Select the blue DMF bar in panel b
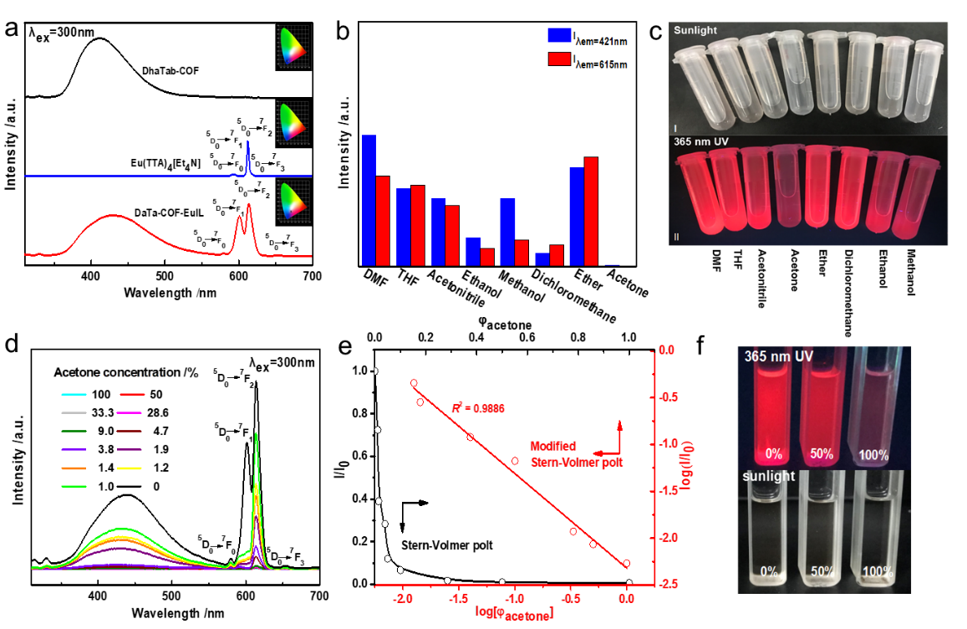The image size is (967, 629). (369, 201)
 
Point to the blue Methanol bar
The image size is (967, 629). (506, 232)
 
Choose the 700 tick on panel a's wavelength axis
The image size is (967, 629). (313, 276)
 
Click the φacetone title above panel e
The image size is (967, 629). (500, 320)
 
